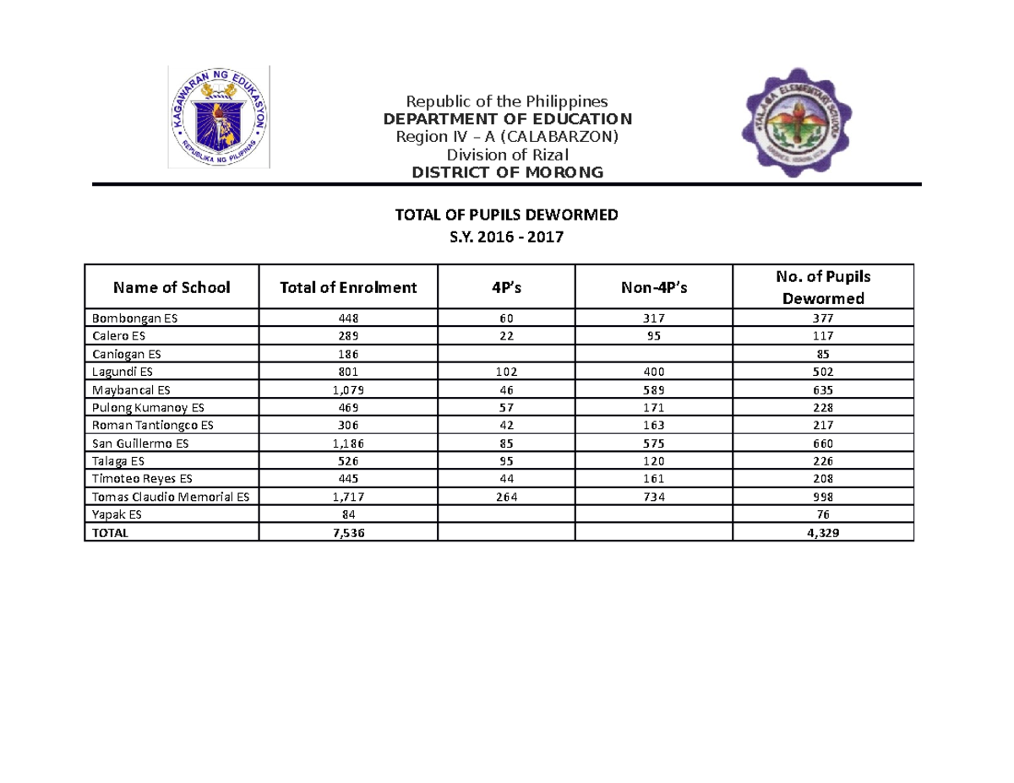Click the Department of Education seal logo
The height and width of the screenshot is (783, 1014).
click(x=219, y=117)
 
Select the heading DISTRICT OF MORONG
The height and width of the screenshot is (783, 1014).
click(x=507, y=172)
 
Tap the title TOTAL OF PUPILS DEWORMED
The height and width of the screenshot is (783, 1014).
click(x=507, y=215)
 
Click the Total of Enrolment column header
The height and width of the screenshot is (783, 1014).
click(x=349, y=287)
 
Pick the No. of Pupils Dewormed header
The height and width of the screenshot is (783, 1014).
click(x=823, y=287)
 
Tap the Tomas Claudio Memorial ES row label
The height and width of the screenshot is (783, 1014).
click(x=171, y=497)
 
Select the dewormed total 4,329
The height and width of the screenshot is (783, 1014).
click(x=823, y=533)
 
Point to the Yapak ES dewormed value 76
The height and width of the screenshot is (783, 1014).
click(x=823, y=514)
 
